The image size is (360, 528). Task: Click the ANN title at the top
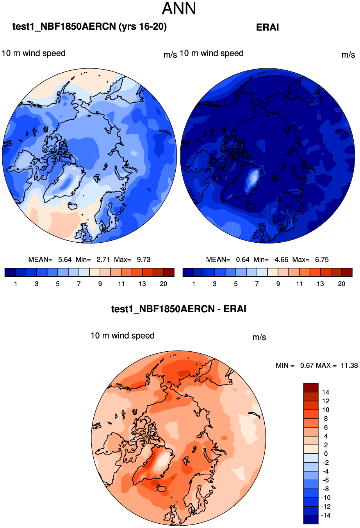pyautogui.click(x=179, y=9)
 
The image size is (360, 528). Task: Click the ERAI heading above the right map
pyautogui.click(x=267, y=27)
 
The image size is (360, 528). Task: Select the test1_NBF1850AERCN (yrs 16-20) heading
pyautogui.click(x=89, y=27)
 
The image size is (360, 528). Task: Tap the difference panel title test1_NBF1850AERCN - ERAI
pyautogui.click(x=179, y=309)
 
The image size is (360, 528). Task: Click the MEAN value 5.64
pyautogui.click(x=65, y=260)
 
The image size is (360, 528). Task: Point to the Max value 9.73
pyautogui.click(x=143, y=260)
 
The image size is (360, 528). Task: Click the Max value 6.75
pyautogui.click(x=322, y=260)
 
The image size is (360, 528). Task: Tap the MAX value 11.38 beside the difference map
pyautogui.click(x=349, y=365)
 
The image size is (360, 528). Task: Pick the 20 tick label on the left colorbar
pyautogui.click(x=164, y=284)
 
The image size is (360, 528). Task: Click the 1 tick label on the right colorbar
pyautogui.click(x=194, y=284)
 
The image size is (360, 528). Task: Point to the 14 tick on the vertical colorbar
pyautogui.click(x=326, y=392)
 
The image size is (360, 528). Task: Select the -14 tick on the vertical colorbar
pyautogui.click(x=325, y=515)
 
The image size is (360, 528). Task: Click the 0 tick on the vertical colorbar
pyautogui.click(x=326, y=454)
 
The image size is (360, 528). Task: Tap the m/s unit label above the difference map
pyautogui.click(x=259, y=337)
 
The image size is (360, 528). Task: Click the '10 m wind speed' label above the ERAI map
pyautogui.click(x=212, y=54)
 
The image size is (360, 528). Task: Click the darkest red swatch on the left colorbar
pyautogui.click(x=169, y=272)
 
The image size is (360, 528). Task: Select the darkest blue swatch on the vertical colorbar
pyautogui.click(x=311, y=519)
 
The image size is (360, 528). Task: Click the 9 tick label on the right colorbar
pyautogui.click(x=278, y=284)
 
